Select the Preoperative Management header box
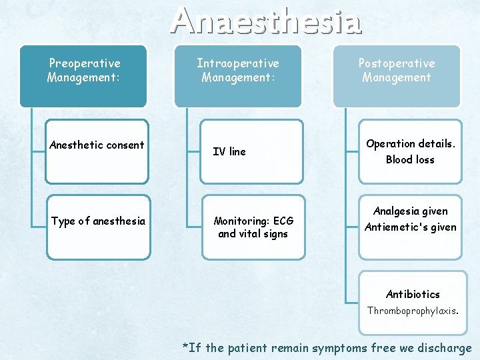(x=83, y=75)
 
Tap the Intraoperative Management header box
(x=237, y=75)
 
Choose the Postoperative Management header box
(x=396, y=75)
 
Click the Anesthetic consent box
(x=97, y=151)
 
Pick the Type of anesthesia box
(x=98, y=227)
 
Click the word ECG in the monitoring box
(x=283, y=221)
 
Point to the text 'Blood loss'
(x=409, y=159)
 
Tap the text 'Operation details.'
(x=409, y=144)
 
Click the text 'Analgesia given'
(x=410, y=211)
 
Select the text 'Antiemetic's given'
(x=410, y=227)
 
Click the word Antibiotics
(x=413, y=294)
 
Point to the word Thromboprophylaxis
(x=413, y=310)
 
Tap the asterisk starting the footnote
(x=186, y=346)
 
